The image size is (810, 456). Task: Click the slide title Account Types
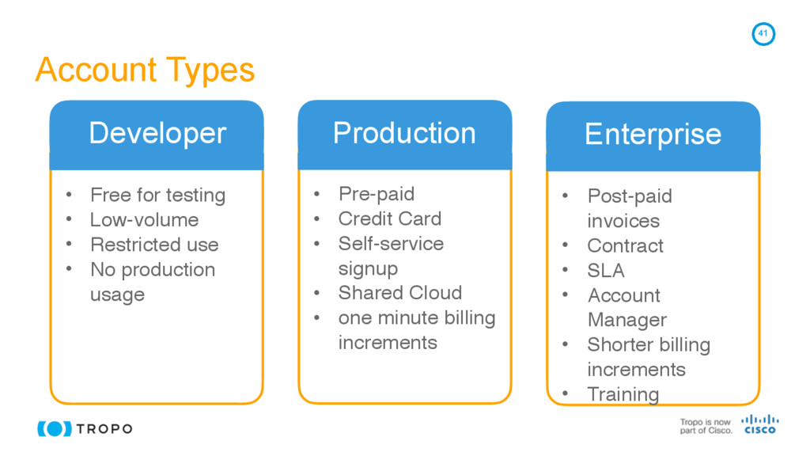tap(145, 70)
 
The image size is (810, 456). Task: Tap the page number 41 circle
tap(763, 34)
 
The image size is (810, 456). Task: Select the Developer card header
tap(157, 133)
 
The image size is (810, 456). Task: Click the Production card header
tap(404, 132)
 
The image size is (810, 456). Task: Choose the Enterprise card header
tap(653, 135)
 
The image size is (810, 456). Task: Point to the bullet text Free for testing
tap(157, 195)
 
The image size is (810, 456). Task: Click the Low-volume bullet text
tap(144, 219)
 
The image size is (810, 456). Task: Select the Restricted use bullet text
tap(153, 245)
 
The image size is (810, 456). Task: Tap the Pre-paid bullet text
tap(376, 194)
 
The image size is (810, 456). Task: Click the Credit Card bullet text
tap(389, 218)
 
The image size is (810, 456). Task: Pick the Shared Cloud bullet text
tap(399, 292)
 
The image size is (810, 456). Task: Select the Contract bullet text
tap(625, 245)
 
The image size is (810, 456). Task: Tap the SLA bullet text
tap(605, 271)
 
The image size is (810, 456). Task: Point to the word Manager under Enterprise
tap(626, 320)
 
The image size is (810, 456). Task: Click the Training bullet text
tap(623, 393)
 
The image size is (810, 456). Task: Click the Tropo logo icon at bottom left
tap(55, 429)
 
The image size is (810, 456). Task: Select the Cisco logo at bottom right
tap(759, 424)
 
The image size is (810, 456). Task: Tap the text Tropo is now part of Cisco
tap(706, 427)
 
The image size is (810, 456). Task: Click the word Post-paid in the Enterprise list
tap(629, 196)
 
